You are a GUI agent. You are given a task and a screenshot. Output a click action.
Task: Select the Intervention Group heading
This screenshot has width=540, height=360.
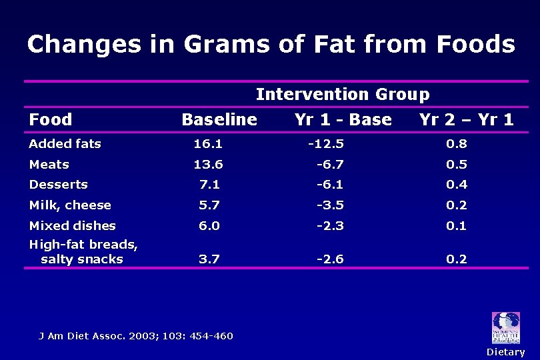coord(343,95)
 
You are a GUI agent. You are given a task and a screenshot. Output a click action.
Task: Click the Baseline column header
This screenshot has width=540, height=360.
coord(219,120)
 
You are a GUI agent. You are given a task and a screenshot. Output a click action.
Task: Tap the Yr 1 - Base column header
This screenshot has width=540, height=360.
coord(343,120)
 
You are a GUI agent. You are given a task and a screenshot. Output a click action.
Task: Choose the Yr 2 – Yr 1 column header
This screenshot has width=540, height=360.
coord(466,120)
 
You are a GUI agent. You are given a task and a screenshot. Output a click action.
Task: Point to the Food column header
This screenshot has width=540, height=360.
coord(51,120)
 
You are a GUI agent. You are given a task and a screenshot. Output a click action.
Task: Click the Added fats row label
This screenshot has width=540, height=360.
coord(65,143)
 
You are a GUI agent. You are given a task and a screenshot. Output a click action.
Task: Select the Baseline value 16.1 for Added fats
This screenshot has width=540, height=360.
coord(208,143)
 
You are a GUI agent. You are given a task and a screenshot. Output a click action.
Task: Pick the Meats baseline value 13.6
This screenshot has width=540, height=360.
coord(208,164)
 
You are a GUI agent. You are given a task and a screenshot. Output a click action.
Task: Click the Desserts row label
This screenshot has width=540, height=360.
coord(59,185)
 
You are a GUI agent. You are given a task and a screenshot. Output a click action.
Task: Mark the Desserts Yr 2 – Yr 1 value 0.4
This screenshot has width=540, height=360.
coord(457,185)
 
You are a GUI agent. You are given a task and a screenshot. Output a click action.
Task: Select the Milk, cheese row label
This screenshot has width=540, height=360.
coord(70,205)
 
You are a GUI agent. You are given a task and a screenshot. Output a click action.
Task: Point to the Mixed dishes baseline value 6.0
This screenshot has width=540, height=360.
coord(209,226)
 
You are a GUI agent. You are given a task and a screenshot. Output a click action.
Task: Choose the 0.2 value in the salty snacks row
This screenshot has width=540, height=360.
coord(457,259)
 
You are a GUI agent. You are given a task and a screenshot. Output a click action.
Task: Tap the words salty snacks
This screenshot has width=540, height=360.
coord(82,259)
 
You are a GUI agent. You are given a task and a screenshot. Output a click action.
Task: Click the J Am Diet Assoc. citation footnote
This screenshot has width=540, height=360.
coord(135,335)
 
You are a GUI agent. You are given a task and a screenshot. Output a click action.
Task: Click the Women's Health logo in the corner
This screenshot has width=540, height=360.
coord(505,328)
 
